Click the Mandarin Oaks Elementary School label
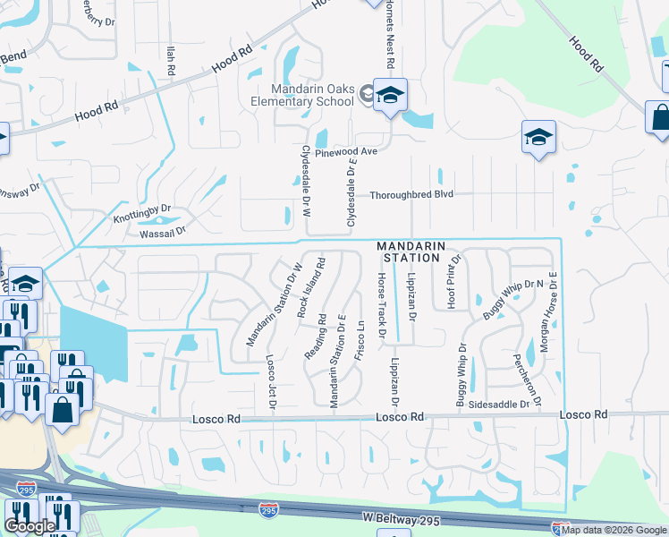(x=313, y=94)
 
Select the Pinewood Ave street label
(x=346, y=152)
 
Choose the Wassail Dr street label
(x=161, y=231)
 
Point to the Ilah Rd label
(x=169, y=60)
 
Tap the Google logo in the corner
(x=30, y=526)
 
